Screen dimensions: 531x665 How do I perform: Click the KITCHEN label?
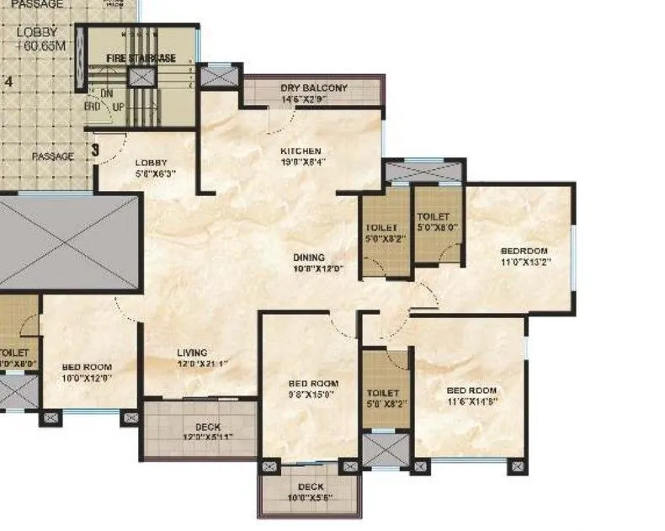(x=301, y=151)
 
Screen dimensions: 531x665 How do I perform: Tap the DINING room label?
(x=309, y=258)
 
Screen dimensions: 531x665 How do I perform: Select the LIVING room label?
(x=192, y=353)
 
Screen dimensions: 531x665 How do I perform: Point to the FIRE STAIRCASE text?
(x=141, y=58)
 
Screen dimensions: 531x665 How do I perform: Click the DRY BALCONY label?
(x=314, y=88)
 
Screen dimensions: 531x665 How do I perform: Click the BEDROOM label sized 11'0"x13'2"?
(x=524, y=251)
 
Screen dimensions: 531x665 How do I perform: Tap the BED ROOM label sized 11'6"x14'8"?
(x=471, y=390)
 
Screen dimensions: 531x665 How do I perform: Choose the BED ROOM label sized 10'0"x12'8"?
(x=87, y=367)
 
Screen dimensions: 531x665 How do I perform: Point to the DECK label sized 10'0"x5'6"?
(x=311, y=487)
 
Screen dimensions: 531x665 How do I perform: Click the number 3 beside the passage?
(x=95, y=151)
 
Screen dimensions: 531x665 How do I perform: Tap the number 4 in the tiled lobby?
(x=8, y=82)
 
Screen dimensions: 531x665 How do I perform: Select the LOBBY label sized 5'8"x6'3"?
(x=152, y=162)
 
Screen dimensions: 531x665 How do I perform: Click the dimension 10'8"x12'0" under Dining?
(x=309, y=270)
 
